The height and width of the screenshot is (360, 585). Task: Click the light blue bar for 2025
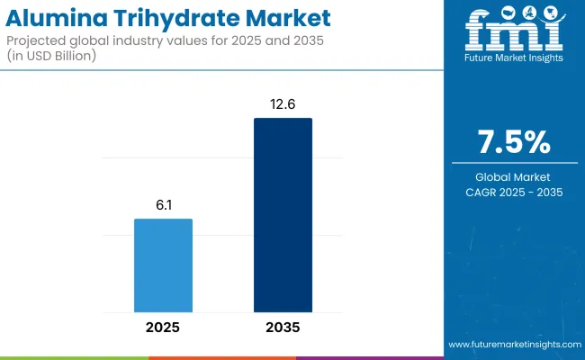tap(163, 262)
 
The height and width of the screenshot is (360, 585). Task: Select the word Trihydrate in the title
tap(179, 18)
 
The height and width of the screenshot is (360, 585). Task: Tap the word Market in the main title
tap(289, 18)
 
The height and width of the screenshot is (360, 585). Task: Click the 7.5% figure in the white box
tap(515, 142)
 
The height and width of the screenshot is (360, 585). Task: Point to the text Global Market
tap(515, 175)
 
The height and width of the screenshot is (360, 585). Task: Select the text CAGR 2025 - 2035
tap(515, 192)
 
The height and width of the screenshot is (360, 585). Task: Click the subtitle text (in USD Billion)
tap(61, 58)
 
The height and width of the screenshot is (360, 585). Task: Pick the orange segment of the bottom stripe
tap(221, 357)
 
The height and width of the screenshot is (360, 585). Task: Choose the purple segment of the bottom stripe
tap(369, 357)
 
